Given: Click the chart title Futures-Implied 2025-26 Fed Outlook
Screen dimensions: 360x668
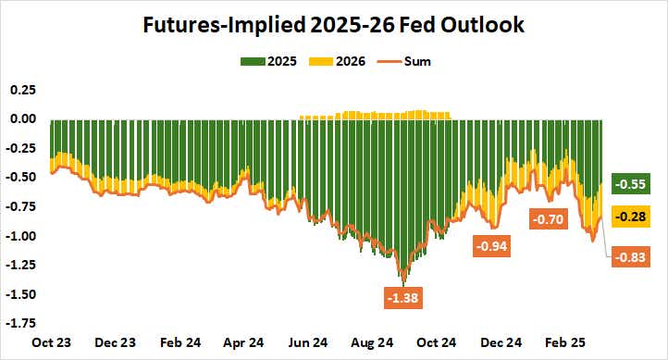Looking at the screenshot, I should (x=333, y=25).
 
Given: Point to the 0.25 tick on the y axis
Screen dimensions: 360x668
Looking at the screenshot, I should (x=23, y=90).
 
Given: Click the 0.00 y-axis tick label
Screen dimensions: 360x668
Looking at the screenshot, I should (x=23, y=118).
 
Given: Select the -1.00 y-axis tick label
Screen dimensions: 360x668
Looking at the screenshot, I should (x=21, y=236).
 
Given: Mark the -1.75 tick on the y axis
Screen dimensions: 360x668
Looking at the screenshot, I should (x=21, y=324).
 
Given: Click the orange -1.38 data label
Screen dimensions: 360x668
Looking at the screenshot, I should (x=402, y=299).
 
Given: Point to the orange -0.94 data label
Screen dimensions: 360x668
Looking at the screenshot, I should (x=492, y=247).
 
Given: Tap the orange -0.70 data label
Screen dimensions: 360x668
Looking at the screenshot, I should (x=547, y=219).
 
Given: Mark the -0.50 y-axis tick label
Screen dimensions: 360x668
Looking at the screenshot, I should (x=21, y=178).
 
